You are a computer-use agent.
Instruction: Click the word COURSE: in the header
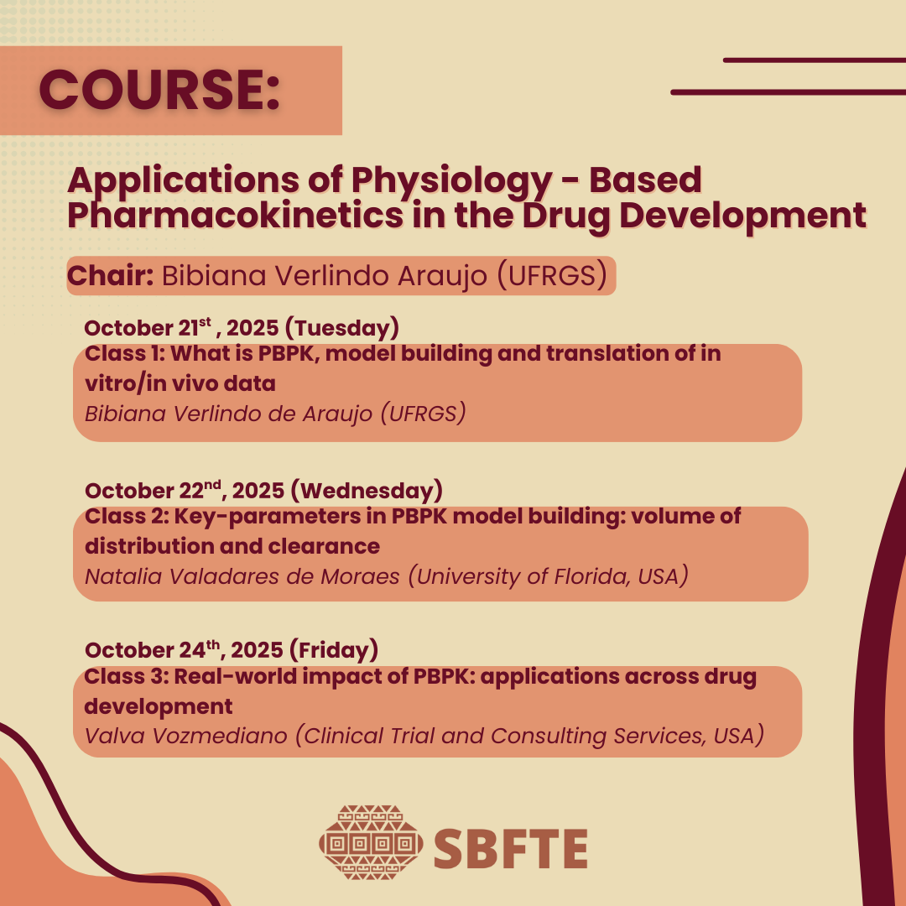pos(159,90)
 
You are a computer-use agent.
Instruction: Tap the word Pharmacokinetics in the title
pos(235,216)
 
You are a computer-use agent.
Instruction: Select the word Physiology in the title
pos(451,181)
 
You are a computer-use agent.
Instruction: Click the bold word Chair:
pos(110,276)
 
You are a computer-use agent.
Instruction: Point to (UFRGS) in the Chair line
pos(552,276)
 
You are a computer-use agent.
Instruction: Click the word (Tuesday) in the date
pos(342,328)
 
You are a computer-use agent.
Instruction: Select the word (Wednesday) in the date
pos(367,491)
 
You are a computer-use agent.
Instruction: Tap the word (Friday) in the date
pos(334,650)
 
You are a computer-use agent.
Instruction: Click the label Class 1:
pos(125,353)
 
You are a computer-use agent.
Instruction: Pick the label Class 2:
pos(127,516)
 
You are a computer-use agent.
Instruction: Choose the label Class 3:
pos(127,676)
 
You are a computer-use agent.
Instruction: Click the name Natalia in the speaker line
pos(123,576)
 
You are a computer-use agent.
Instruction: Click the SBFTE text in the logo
pos(511,848)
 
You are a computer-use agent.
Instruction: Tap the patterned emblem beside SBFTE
pos(371,842)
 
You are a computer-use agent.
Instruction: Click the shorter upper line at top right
pos(815,60)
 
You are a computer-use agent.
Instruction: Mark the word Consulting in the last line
pos(549,737)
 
